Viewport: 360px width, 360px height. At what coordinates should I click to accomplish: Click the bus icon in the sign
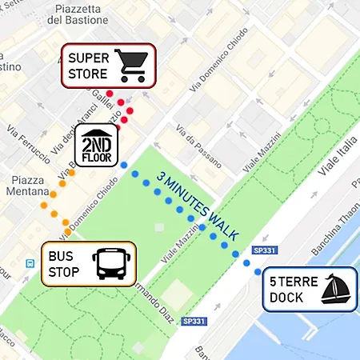pyautogui.click(x=112, y=263)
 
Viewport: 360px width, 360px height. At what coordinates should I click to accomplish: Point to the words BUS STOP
pyautogui.click(x=66, y=263)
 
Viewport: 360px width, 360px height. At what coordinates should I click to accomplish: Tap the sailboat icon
pyautogui.click(x=336, y=289)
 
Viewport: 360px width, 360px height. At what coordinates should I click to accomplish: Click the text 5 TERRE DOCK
pyautogui.click(x=294, y=289)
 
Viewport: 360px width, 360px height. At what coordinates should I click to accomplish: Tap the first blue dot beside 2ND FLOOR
pyautogui.click(x=123, y=165)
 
